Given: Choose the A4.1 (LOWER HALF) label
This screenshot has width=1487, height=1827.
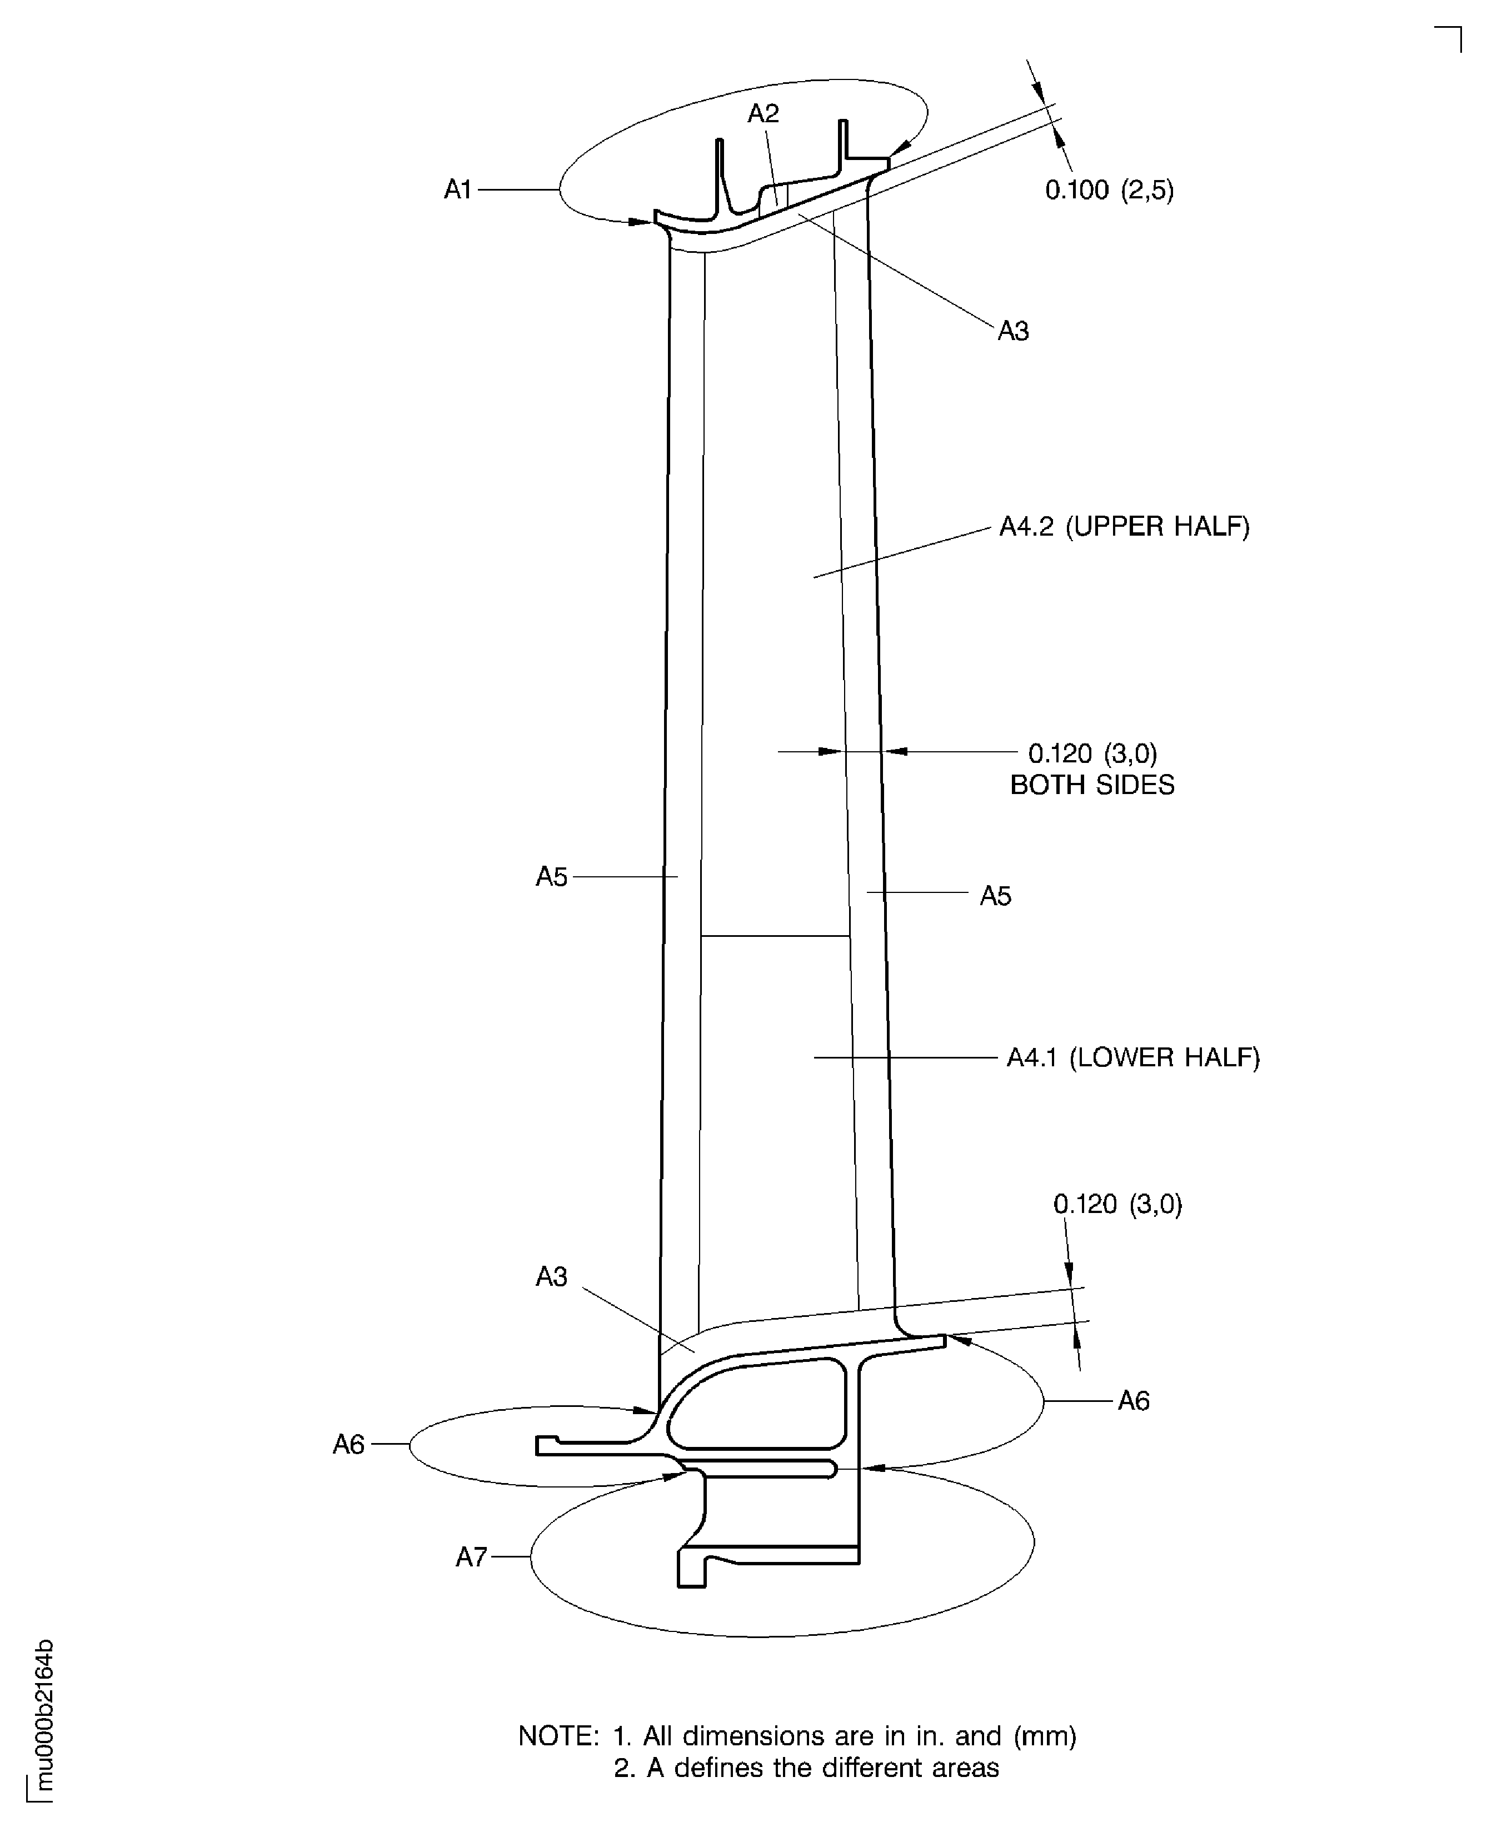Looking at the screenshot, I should pyautogui.click(x=1132, y=1058).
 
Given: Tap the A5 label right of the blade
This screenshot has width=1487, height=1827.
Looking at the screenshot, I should pyautogui.click(x=995, y=896).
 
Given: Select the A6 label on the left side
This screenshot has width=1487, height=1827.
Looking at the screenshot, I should pyautogui.click(x=348, y=1445).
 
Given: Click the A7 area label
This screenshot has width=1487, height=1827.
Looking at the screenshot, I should pyautogui.click(x=471, y=1556).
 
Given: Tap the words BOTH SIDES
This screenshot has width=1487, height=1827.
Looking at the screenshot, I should pyautogui.click(x=1091, y=785).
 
